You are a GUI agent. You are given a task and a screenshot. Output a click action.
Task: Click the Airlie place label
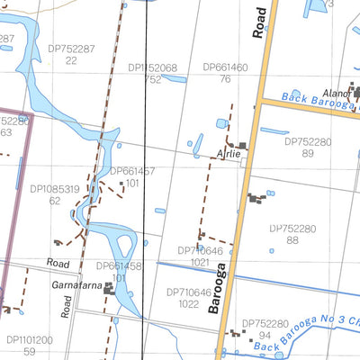[x=229, y=155]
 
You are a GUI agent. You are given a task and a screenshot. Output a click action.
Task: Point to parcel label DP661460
[x=225, y=67]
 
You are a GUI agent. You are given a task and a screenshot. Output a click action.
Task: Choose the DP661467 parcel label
[x=132, y=171]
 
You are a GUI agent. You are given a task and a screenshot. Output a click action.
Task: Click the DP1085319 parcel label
[x=55, y=189]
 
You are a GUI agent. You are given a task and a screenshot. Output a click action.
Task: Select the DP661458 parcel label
[x=119, y=266]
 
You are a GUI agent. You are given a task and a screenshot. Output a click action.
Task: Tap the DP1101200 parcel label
[x=30, y=340]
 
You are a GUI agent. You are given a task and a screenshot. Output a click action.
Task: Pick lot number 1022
[x=189, y=304]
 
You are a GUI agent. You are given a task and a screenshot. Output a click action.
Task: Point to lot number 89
[x=308, y=154]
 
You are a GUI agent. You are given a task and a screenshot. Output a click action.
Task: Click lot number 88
[x=292, y=240]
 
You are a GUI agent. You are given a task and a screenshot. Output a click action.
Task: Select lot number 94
[x=265, y=335]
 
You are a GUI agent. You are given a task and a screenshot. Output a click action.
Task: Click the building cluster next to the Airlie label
[x=240, y=146]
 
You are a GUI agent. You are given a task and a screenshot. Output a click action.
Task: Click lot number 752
[x=151, y=79]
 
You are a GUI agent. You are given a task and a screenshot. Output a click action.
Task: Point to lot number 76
[x=225, y=79]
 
